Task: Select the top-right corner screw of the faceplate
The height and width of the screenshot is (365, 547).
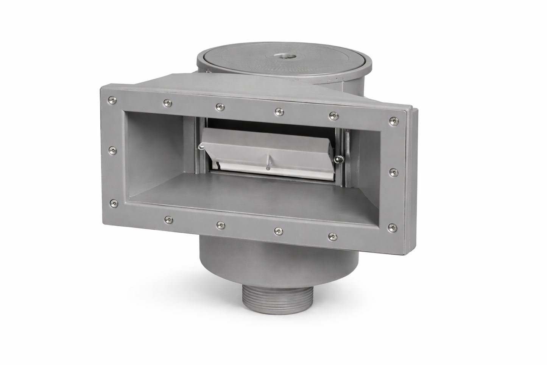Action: [393, 121]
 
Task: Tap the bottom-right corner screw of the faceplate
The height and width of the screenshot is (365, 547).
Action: [393, 227]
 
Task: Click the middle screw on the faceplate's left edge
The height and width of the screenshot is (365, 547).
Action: [112, 151]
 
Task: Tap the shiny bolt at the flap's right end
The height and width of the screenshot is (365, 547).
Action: [336, 159]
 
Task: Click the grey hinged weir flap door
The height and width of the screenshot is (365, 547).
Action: [265, 146]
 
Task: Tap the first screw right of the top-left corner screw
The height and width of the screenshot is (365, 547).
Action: [166, 102]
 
